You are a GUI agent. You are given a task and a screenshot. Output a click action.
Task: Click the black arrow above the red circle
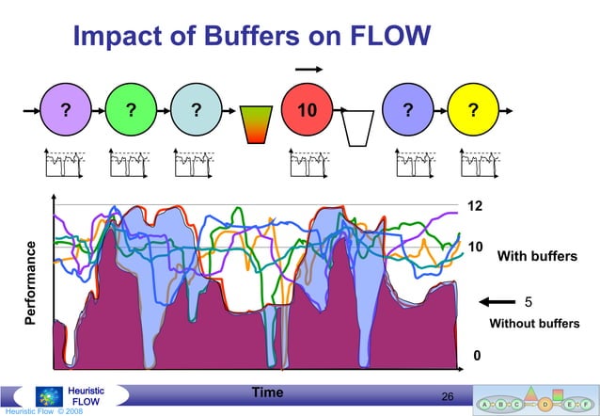tap(308, 68)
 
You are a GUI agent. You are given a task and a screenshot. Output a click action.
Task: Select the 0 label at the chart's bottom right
tap(476, 356)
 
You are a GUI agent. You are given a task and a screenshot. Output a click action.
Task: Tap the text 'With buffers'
tap(537, 256)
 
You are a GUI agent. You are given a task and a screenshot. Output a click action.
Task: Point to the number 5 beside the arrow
tap(529, 302)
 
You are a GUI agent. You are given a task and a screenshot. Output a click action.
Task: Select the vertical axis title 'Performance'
tap(31, 283)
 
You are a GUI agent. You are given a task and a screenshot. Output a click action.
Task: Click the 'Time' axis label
tap(268, 392)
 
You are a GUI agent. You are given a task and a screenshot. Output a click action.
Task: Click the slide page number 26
tap(448, 397)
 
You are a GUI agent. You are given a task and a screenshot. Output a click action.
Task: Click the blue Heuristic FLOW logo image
tap(49, 396)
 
